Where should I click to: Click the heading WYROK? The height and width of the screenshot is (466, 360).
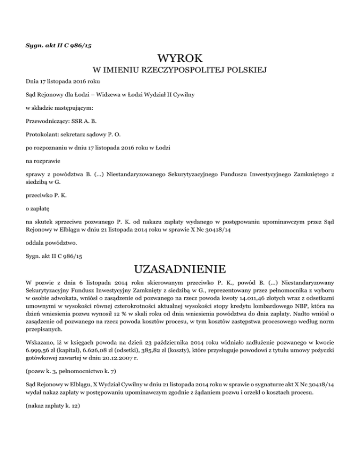(x=180, y=59)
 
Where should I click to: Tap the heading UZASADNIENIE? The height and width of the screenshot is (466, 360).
(x=180, y=270)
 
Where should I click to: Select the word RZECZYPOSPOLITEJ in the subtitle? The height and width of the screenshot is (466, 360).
(x=189, y=71)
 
